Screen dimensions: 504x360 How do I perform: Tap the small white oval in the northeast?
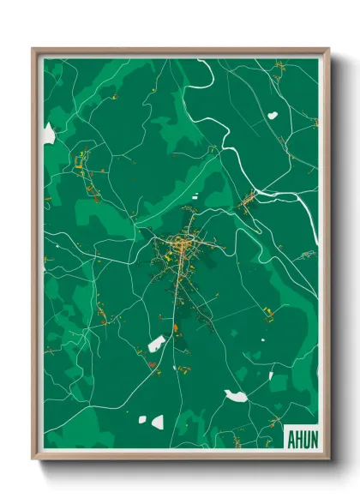pyautogui.click(x=273, y=115)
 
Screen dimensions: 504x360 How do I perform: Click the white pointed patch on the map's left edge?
pyautogui.click(x=49, y=134)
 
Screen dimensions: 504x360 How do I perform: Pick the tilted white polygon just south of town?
pyautogui.click(x=157, y=345)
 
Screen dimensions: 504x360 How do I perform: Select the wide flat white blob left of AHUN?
pyautogui.click(x=235, y=395)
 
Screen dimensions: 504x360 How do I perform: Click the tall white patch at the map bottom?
pyautogui.click(x=157, y=422)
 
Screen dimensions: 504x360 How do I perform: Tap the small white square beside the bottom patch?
pyautogui.click(x=143, y=418)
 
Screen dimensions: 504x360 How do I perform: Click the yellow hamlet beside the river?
pyautogui.click(x=246, y=200)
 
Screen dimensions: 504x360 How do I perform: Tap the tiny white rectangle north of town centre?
pyautogui.click(x=194, y=196)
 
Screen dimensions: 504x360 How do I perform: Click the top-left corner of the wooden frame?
pyautogui.click(x=33, y=49)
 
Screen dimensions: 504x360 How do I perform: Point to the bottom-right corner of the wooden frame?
pyautogui.click(x=328, y=459)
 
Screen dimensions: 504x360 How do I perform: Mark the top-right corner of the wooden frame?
pyautogui.click(x=328, y=49)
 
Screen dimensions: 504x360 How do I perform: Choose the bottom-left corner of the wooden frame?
pyautogui.click(x=33, y=459)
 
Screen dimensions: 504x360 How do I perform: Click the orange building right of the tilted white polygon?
pyautogui.click(x=175, y=327)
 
